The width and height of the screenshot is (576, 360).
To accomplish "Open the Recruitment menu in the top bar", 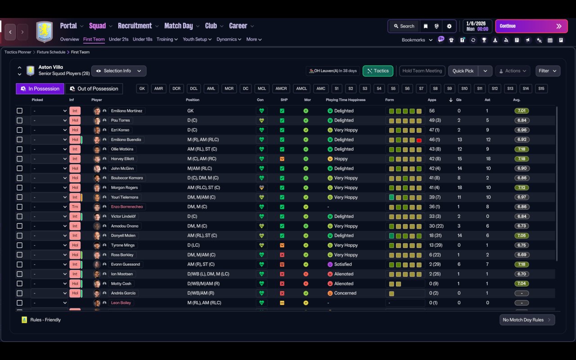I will pos(135,26).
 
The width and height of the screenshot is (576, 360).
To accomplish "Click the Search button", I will pos(403,26).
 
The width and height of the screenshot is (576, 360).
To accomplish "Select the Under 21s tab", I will pos(118,39).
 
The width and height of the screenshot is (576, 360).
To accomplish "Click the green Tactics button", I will pos(378,71).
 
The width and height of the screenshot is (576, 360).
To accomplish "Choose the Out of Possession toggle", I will pos(94,89).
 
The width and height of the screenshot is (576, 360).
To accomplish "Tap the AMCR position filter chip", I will pos(281,89).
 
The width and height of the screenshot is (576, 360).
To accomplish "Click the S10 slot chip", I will pos(464,89).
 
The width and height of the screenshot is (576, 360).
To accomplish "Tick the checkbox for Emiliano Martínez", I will pos(19,111).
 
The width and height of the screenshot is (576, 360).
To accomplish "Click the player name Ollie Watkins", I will pos(122,149).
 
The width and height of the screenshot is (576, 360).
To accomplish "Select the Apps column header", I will pos(432,100).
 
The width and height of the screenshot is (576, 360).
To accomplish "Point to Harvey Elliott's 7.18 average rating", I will pos(522,159).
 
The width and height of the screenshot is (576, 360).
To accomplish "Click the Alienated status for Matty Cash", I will pos(343,283).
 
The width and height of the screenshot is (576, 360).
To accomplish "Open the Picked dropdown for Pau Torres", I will pos(49,121).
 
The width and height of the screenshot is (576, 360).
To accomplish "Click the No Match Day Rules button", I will pos(527,320).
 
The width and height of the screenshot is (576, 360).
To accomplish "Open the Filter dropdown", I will pos(548,71).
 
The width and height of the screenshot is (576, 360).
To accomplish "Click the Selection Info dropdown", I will pos(119,71).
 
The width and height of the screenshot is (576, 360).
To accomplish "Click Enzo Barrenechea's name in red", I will pos(127,207).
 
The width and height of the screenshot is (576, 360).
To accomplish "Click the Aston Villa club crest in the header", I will pos(45,32).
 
